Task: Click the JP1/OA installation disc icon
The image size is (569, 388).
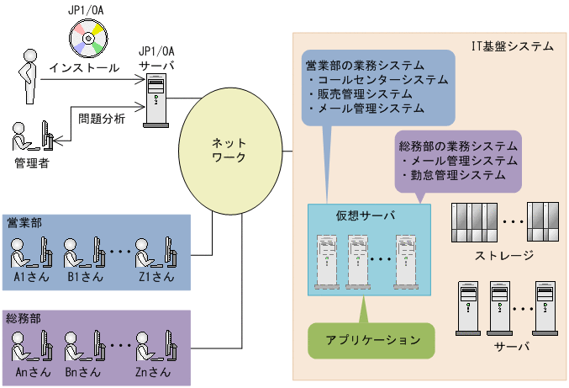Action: click(x=88, y=35)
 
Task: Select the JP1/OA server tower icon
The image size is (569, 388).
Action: click(x=155, y=100)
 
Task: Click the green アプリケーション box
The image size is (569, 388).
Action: click(x=372, y=340)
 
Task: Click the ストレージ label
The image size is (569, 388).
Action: click(x=504, y=254)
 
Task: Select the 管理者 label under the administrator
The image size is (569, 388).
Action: click(x=31, y=162)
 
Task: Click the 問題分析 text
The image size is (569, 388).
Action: click(x=102, y=119)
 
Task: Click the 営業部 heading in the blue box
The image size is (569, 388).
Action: click(x=24, y=222)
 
